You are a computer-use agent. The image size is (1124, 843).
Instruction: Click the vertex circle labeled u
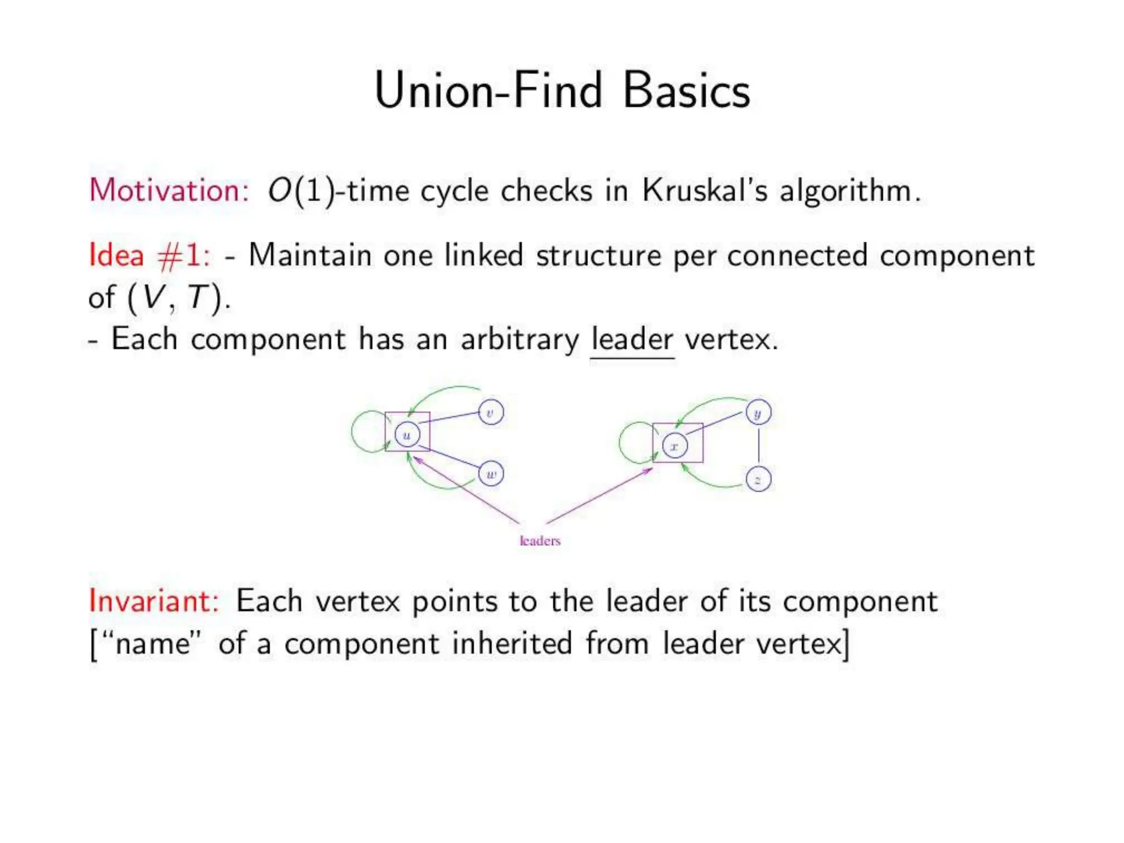(x=407, y=435)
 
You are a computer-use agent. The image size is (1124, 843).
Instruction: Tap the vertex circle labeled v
(x=491, y=412)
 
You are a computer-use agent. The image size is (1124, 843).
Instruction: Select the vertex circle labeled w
(x=491, y=474)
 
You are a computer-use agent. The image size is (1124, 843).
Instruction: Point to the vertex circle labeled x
(x=675, y=446)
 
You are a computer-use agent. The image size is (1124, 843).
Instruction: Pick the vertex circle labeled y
(x=758, y=413)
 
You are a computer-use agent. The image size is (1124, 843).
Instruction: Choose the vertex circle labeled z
(x=758, y=479)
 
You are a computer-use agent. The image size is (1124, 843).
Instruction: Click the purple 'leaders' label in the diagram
(x=540, y=541)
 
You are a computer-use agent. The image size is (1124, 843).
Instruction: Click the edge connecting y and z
(x=758, y=446)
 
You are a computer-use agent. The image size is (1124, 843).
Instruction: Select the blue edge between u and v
(x=450, y=419)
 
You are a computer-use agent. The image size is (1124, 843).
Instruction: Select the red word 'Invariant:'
(x=154, y=600)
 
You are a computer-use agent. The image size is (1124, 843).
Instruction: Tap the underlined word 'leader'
(x=632, y=339)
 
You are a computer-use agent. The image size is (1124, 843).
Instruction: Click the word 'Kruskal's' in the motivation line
(x=705, y=190)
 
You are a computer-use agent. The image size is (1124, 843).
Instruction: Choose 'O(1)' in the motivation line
(x=301, y=191)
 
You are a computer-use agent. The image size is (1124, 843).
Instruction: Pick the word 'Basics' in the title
(x=686, y=91)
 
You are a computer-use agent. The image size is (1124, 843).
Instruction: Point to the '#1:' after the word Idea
(x=183, y=255)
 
